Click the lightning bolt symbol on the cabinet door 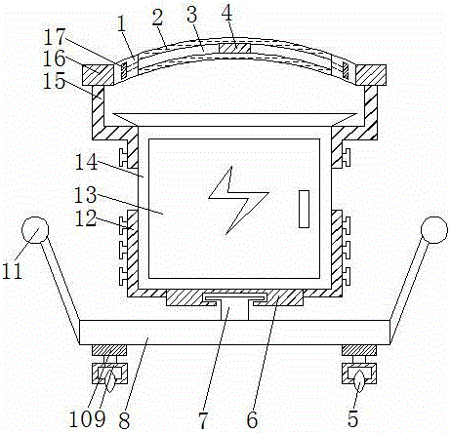tap(238, 198)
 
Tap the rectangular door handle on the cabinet tap(304, 209)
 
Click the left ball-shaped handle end tap(35, 230)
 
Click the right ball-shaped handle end tap(434, 229)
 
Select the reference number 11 tap(12, 271)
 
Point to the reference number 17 tap(55, 37)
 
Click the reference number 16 tap(54, 59)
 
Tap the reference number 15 tap(54, 80)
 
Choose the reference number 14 tap(86, 162)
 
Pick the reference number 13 tap(86, 195)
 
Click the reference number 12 tap(86, 217)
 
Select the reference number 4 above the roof tap(227, 14)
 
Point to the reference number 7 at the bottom tap(202, 420)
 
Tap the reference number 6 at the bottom tap(252, 420)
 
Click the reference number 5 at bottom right tap(352, 418)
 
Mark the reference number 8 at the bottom tap(124, 420)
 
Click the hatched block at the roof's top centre tap(234, 48)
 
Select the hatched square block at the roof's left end tap(98, 74)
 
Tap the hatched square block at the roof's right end tap(371, 74)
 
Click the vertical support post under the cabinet tap(234, 310)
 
